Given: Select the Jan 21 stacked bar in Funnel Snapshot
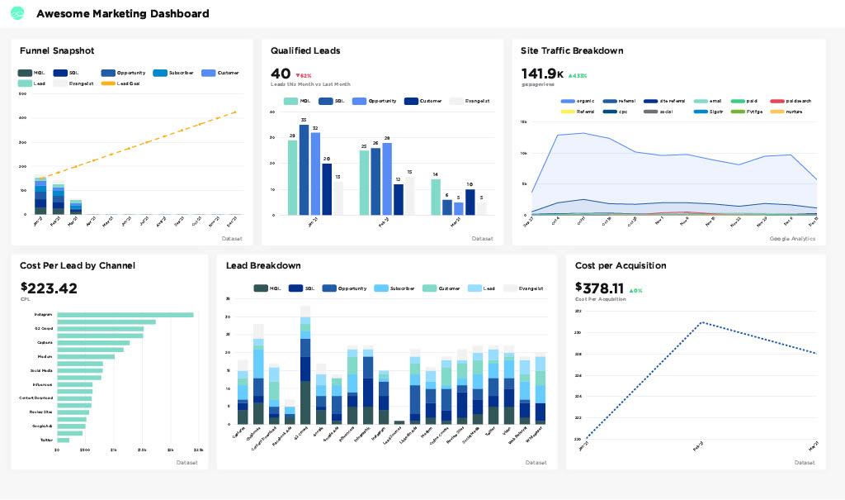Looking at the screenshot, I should [x=40, y=195].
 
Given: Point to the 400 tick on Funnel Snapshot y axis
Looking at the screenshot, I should [x=22, y=117].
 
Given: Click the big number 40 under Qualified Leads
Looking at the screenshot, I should [x=280, y=74].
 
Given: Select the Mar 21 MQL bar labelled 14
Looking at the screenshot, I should [x=435, y=197].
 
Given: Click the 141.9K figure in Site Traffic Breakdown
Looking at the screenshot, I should [x=541, y=74].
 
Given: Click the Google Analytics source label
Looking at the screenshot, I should [x=792, y=238].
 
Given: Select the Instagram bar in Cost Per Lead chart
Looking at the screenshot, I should [x=125, y=315].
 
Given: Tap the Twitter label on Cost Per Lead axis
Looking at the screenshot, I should [x=46, y=440].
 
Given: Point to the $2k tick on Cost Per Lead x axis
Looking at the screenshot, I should [x=170, y=450].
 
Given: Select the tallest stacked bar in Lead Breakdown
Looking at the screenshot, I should [x=305, y=364].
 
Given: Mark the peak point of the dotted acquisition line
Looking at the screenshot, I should [x=701, y=322].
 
